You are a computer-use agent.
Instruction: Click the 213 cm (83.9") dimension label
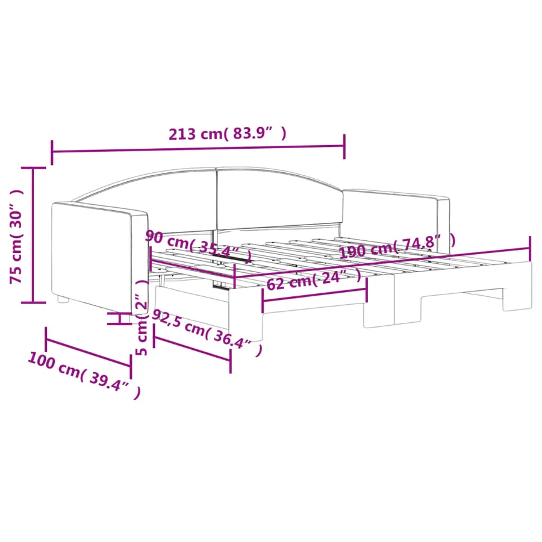[x=227, y=134]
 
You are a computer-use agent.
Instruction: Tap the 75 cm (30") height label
[x=16, y=237]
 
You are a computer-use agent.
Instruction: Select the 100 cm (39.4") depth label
[x=84, y=375]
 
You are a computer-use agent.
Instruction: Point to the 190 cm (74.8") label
[x=397, y=246]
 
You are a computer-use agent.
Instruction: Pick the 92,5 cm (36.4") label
[x=207, y=332]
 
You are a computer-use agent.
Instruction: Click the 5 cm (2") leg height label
[x=142, y=317]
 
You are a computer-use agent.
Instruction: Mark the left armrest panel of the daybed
[x=99, y=257]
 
